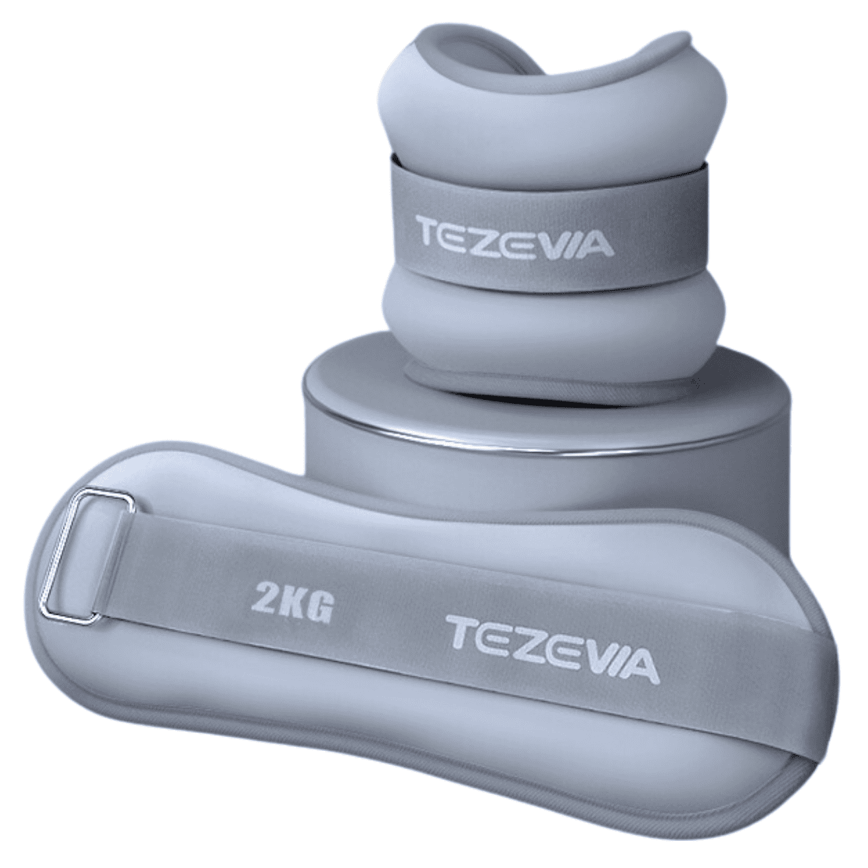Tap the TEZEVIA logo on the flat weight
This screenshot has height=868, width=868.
(x=555, y=641)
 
